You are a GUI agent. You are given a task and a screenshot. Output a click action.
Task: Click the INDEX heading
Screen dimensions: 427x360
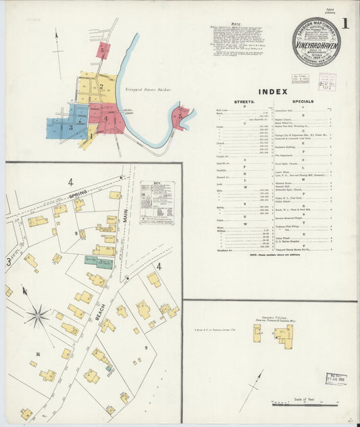pos(272,91)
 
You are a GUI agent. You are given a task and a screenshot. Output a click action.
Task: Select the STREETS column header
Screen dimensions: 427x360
pos(243,101)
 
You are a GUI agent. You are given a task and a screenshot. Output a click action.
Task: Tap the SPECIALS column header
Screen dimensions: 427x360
pos(303,101)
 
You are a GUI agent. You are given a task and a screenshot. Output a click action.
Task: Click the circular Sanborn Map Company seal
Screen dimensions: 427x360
pos(316,42)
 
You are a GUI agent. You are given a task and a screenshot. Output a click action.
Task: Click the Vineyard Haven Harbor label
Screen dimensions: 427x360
pos(147,89)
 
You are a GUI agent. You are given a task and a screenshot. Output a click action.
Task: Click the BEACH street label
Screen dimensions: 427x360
pos(99,312)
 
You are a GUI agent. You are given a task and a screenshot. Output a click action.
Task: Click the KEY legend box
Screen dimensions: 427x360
pos(157,202)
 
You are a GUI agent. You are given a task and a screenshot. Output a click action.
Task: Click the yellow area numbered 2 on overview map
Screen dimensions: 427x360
pos(101,86)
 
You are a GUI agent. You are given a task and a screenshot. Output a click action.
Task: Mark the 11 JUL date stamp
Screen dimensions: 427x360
pos(336,379)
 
